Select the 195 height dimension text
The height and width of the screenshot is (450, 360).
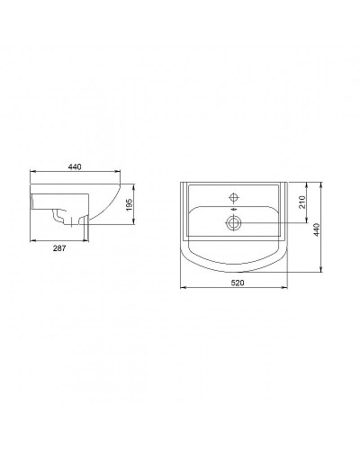130,206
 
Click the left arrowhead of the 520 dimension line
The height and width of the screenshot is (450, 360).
184,289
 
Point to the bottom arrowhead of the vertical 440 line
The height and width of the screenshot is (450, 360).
321,273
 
